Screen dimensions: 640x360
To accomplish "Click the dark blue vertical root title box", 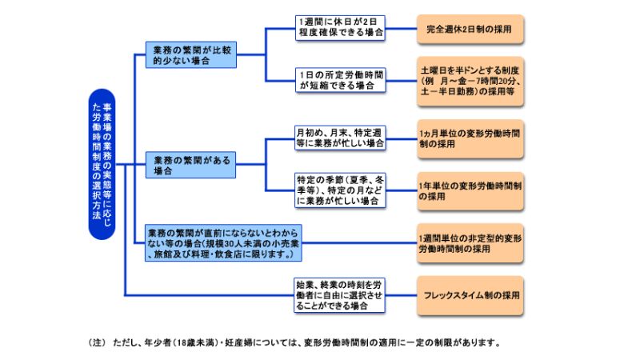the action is pyautogui.click(x=102, y=164).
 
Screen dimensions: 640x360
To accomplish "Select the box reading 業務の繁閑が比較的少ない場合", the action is pyautogui.click(x=191, y=54).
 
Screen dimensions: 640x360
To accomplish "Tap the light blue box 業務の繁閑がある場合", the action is pyautogui.click(x=190, y=165).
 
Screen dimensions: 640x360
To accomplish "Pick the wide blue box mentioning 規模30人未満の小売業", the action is pyautogui.click(x=223, y=243).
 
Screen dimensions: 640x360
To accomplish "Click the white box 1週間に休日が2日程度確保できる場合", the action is pyautogui.click(x=341, y=28).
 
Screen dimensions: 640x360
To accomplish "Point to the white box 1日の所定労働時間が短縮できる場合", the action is pyautogui.click(x=341, y=80).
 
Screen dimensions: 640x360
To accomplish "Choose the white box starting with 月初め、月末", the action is pyautogui.click(x=340, y=138).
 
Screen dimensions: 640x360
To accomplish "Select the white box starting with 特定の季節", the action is pyautogui.click(x=340, y=190).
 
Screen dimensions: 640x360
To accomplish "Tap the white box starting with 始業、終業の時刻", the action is pyautogui.click(x=339, y=295).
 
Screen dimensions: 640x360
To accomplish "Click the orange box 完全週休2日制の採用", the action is pyautogui.click(x=470, y=29).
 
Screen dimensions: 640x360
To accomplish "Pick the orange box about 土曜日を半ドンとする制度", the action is pyautogui.click(x=470, y=82).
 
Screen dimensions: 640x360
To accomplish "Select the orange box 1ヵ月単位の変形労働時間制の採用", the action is pyautogui.click(x=470, y=138).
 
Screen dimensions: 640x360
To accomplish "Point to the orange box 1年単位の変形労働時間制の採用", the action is pyautogui.click(x=470, y=191).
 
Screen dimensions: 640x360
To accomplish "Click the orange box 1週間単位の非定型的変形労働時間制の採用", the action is pyautogui.click(x=470, y=243).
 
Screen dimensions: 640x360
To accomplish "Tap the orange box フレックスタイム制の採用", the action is pyautogui.click(x=470, y=295).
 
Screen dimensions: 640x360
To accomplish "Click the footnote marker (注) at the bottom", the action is pyautogui.click(x=97, y=343).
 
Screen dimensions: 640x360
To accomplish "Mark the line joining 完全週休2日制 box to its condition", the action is pyautogui.click(x=402, y=29).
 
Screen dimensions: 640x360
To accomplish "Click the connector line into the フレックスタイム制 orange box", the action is pyautogui.click(x=402, y=295).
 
